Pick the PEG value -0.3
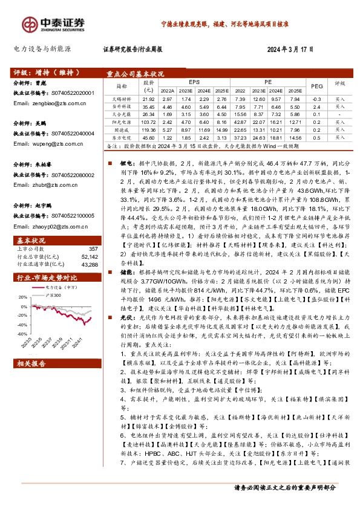pyautogui.click(x=315, y=98)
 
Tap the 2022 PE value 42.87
pyautogui.click(x=239, y=122)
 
